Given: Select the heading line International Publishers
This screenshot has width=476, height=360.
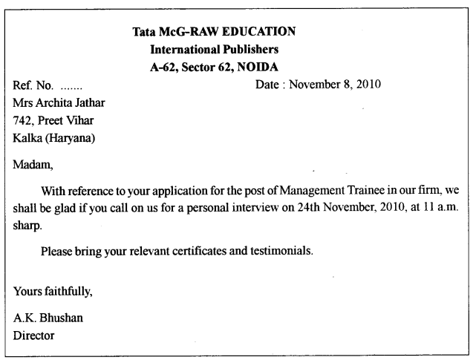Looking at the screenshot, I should click(x=214, y=50).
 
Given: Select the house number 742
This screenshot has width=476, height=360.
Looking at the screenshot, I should click(x=23, y=120).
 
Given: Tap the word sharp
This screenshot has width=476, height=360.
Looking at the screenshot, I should click(x=27, y=225).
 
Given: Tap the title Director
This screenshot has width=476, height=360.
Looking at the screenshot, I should click(x=33, y=336).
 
